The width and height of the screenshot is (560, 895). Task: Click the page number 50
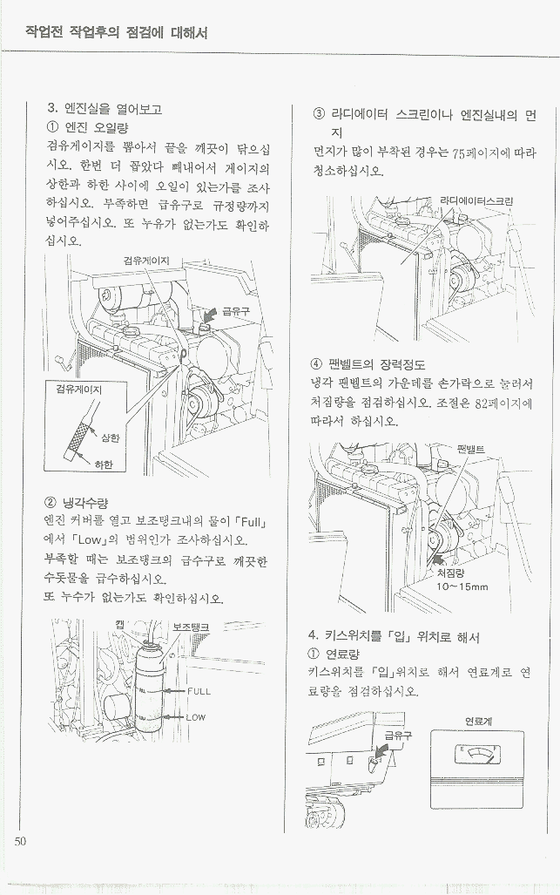20,841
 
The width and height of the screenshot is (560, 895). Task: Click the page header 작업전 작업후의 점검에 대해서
117,32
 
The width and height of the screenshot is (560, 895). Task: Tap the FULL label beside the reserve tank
199,691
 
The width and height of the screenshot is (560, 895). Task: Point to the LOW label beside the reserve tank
196,717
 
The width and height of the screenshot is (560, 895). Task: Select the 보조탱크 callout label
191,627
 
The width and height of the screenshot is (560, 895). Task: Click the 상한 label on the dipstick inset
110,438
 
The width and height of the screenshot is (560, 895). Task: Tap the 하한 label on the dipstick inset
104,464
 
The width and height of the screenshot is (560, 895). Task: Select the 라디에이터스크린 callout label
476,201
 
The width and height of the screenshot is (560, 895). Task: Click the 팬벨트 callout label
471,449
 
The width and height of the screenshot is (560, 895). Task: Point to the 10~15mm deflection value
462,586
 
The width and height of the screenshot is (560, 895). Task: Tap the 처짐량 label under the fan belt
451,573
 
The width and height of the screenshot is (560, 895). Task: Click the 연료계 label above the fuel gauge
479,722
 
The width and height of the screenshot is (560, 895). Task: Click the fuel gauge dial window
478,755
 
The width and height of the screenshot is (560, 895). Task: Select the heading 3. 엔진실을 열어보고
105,108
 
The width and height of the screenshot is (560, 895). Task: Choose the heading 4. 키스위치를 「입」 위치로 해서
394,636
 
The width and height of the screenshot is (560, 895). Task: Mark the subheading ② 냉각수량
77,503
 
